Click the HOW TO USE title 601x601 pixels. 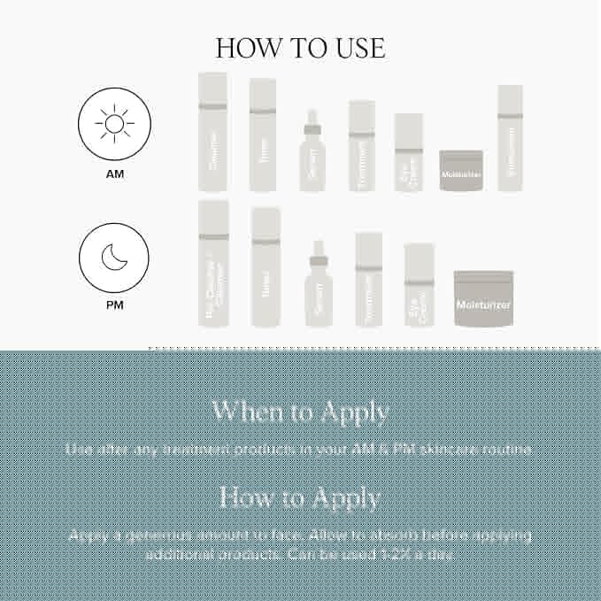pos(300,47)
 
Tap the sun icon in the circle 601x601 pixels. pos(114,124)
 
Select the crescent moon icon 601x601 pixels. pos(114,258)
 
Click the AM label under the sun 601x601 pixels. pos(114,174)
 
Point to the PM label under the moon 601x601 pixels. pos(114,305)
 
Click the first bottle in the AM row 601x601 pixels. pos(212,133)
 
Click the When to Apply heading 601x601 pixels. pos(300,412)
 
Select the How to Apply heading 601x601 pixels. pos(300,497)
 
